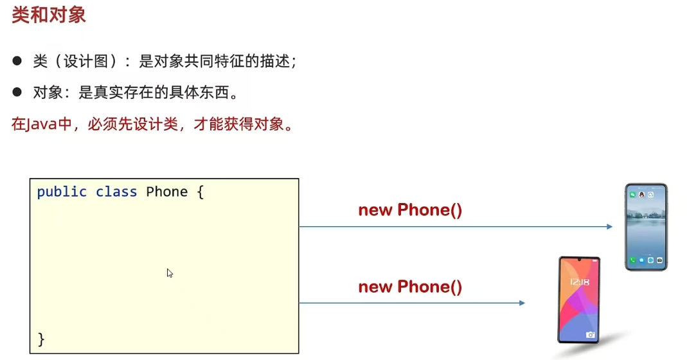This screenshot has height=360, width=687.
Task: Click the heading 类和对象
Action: point(49,15)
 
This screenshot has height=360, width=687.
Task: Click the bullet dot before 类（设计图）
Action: point(17,61)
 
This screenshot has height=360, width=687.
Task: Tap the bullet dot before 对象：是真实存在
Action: point(17,93)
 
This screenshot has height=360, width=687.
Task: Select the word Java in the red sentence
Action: point(39,124)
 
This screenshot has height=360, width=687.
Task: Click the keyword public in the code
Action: point(62,192)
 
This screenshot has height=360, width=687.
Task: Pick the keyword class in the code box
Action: point(116,192)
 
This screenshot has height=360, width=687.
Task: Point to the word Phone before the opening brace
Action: point(167,192)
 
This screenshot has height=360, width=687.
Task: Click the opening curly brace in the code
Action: point(201,192)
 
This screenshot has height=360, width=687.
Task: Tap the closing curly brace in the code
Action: point(42,339)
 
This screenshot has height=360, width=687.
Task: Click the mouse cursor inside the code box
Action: point(170,273)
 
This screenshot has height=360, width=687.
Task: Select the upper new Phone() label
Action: point(410,210)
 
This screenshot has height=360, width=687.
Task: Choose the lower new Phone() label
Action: point(410,287)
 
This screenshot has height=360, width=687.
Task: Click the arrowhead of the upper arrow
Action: point(610,226)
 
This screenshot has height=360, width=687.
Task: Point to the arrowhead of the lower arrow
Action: point(522,303)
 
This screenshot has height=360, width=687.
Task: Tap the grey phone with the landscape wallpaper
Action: point(647,226)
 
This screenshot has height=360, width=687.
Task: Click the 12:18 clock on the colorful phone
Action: point(578,283)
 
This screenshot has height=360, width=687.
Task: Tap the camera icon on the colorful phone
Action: point(590,335)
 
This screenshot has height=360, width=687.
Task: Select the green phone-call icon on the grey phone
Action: point(633,260)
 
